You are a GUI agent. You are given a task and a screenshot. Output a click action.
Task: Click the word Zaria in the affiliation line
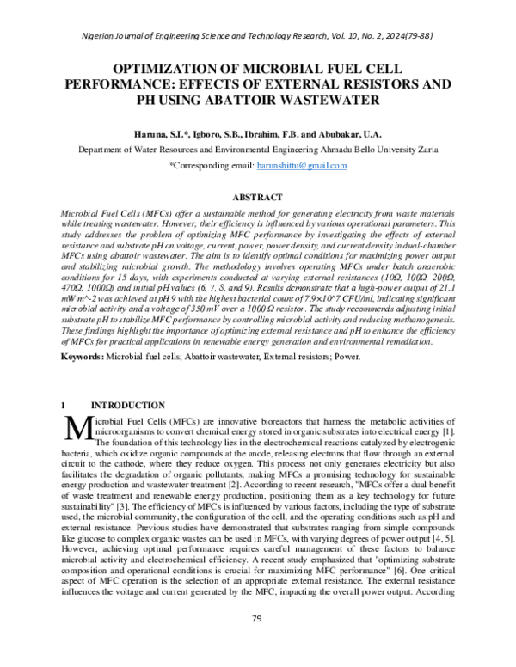click(427, 149)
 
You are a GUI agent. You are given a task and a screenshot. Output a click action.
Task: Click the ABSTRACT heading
click(258, 197)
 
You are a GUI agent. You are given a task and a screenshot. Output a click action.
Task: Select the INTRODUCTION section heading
click(127, 405)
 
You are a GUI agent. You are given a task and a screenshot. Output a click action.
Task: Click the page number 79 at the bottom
click(257, 641)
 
